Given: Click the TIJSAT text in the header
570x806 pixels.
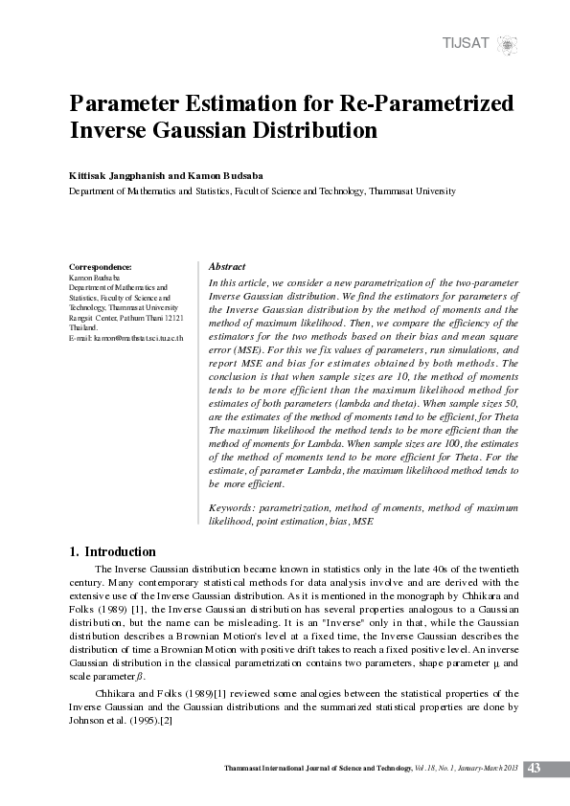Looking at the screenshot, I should (466, 43).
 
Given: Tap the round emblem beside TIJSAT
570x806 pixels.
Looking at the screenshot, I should (509, 43).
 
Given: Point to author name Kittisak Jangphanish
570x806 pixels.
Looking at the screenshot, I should (121, 177).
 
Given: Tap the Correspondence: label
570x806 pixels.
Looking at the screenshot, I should (101, 266).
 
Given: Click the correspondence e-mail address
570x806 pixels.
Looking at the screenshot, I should (132, 339).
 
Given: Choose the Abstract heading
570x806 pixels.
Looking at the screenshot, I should (227, 267).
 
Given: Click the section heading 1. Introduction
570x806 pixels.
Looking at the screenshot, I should (113, 551).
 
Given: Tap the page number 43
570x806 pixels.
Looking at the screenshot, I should (535, 768).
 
